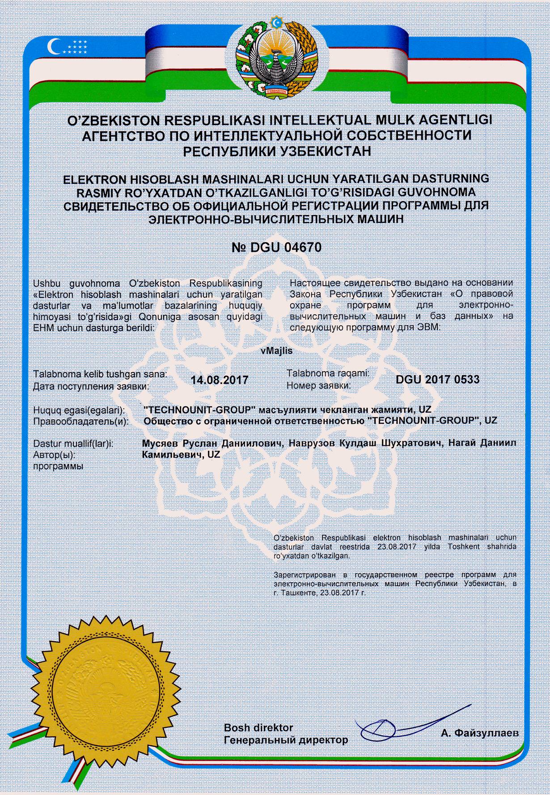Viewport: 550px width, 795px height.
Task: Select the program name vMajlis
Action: coord(276,351)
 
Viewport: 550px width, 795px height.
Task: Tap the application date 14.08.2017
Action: coord(219,380)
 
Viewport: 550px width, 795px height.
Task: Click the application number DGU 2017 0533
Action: coord(437,380)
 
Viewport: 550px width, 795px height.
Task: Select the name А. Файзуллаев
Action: coord(479,733)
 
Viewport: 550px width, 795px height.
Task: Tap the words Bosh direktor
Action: coord(258,727)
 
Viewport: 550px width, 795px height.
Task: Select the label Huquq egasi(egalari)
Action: coord(80,410)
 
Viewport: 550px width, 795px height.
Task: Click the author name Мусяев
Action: coord(160,443)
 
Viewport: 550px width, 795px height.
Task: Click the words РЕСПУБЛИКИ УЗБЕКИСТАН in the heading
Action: coord(277,151)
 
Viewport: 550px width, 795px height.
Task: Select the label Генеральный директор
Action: coord(286,740)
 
